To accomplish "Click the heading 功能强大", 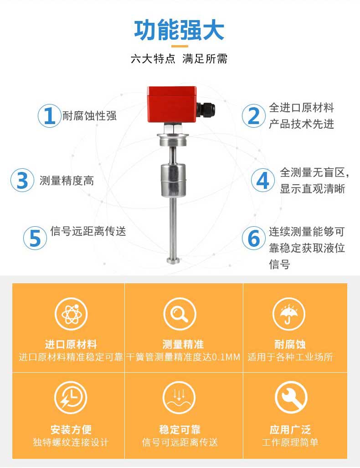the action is click(x=179, y=31).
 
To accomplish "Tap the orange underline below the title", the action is click(x=179, y=46).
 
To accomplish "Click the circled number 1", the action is click(x=50, y=116).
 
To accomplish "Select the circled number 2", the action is click(x=253, y=116).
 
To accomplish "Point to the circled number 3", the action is click(x=22, y=180).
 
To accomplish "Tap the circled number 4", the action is click(x=263, y=180).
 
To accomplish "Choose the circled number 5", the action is click(x=35, y=238).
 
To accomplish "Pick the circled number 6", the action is click(x=253, y=238).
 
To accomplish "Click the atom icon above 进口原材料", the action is click(x=71, y=314).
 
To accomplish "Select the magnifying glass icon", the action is click(x=180, y=314).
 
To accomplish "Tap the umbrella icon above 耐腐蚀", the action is click(x=289, y=314).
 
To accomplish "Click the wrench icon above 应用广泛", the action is click(x=291, y=397).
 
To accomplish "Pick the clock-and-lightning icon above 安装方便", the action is click(x=71, y=397).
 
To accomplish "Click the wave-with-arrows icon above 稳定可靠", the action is click(x=179, y=397).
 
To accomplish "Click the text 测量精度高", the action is click(x=67, y=181).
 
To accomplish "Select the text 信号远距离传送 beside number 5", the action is click(x=88, y=231).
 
